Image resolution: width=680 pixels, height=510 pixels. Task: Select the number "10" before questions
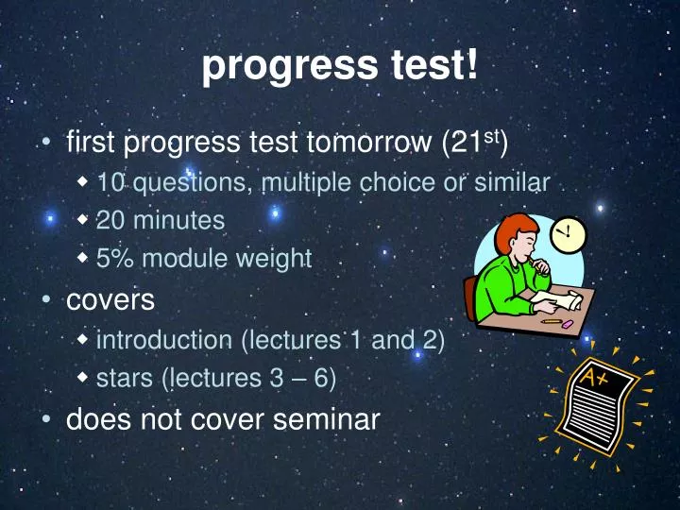click(x=110, y=183)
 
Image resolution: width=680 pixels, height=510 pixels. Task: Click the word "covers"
click(x=110, y=300)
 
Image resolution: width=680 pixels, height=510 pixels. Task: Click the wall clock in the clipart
click(x=569, y=232)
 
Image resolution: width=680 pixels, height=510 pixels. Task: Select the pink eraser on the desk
click(x=568, y=323)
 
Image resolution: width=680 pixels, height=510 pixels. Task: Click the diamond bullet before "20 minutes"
click(x=84, y=220)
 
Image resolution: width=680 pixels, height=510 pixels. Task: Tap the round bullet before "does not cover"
click(x=45, y=419)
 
